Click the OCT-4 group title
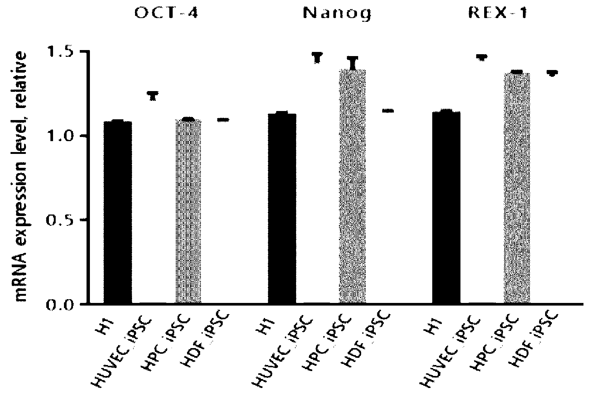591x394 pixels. click(166, 13)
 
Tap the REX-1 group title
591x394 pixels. click(498, 13)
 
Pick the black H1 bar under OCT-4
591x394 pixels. click(118, 212)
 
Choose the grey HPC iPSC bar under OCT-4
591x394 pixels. click(188, 211)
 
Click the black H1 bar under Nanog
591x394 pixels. click(282, 208)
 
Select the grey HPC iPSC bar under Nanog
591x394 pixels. click(352, 186)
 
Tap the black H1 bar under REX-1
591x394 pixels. click(447, 207)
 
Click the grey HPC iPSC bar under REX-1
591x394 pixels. click(517, 188)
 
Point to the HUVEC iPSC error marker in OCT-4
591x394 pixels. click(153, 96)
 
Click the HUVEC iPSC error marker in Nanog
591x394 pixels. click(318, 58)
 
